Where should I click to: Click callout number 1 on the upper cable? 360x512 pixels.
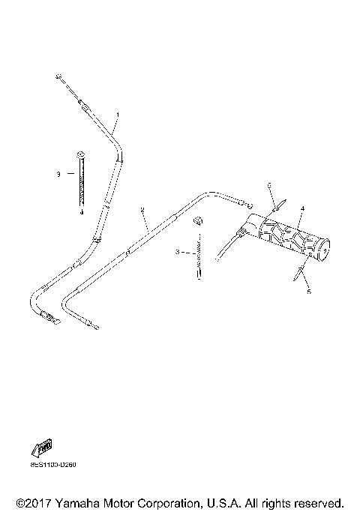click(117, 114)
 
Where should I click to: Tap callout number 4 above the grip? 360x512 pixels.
click(302, 208)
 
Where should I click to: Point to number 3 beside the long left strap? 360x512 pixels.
click(58, 174)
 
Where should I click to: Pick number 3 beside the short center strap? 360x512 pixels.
click(178, 252)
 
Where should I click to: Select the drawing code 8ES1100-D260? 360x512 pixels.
click(53, 465)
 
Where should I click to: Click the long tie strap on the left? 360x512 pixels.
click(79, 180)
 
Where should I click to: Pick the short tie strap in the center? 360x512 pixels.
click(198, 251)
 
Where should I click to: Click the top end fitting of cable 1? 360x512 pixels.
click(58, 76)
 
